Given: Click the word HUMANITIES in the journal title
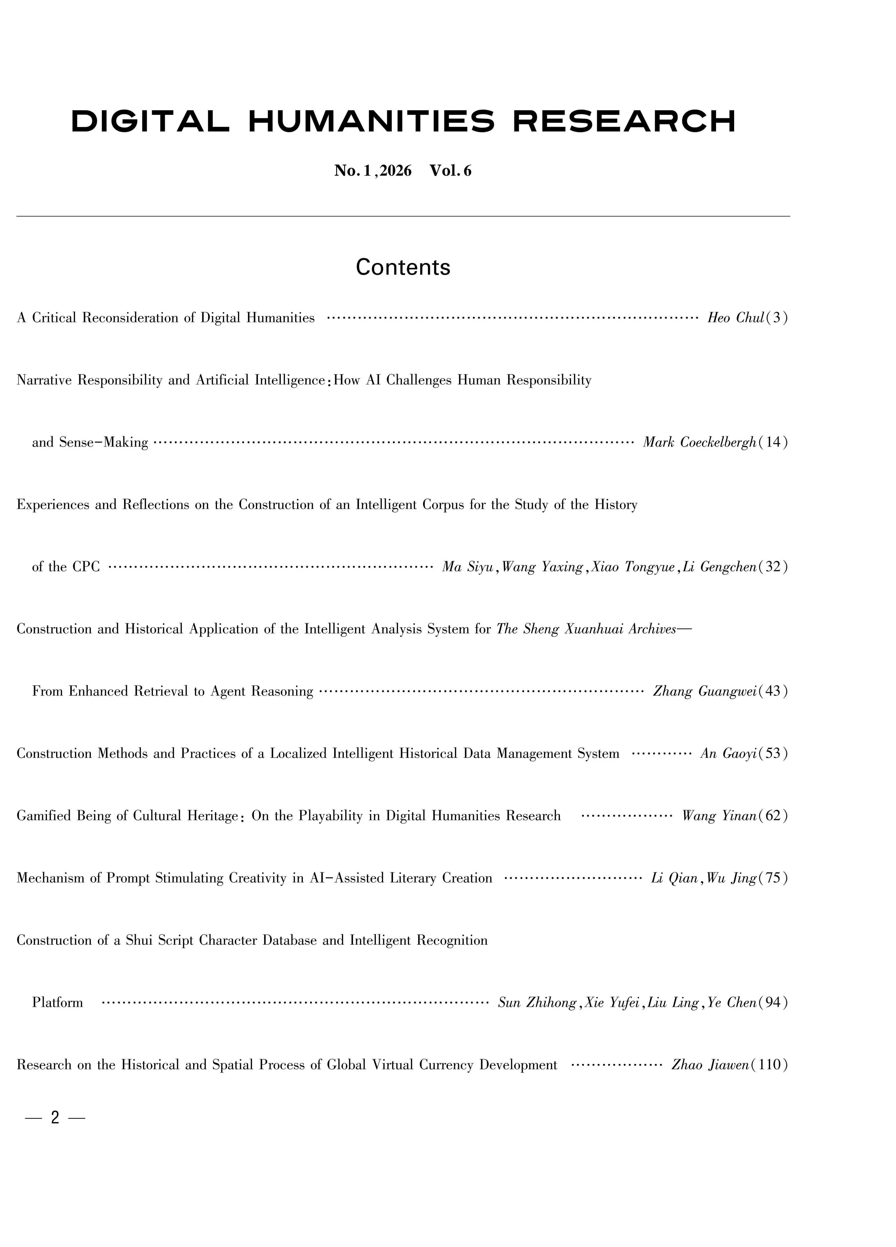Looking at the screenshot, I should click(371, 122).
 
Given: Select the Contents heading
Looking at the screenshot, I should click(403, 267).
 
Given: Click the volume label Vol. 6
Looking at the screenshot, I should click(450, 171).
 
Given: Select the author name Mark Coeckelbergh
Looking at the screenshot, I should click(700, 443).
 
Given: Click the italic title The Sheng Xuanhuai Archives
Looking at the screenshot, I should click(586, 629).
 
